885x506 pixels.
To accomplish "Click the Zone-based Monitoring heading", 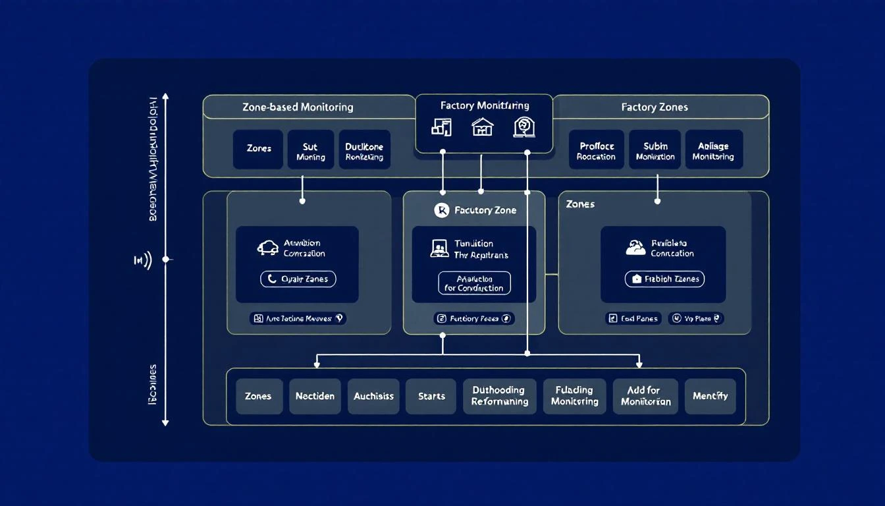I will point(298,107).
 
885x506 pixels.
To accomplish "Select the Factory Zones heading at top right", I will point(654,107).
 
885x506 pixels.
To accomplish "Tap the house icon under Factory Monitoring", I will point(483,126).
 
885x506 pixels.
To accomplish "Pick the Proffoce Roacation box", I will point(596,150).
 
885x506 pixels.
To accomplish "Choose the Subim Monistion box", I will point(655,150).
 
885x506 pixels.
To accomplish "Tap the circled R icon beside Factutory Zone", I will point(442,210).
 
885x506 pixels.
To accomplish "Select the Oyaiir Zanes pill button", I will point(298,279).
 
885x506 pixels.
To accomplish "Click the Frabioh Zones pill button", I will point(664,279).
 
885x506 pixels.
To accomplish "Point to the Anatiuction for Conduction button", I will point(474,283).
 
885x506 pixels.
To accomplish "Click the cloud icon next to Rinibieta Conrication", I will point(635,248).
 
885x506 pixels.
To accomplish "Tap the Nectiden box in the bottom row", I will point(315,396).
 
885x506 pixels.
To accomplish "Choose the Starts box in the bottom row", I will point(431,396).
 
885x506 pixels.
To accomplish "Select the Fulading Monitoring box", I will point(574,396).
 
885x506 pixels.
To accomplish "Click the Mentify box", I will point(710,396).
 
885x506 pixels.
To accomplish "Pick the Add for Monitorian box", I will point(645,396).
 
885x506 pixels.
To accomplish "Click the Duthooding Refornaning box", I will point(499,396).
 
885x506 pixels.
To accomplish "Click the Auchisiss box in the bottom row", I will point(373,396).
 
